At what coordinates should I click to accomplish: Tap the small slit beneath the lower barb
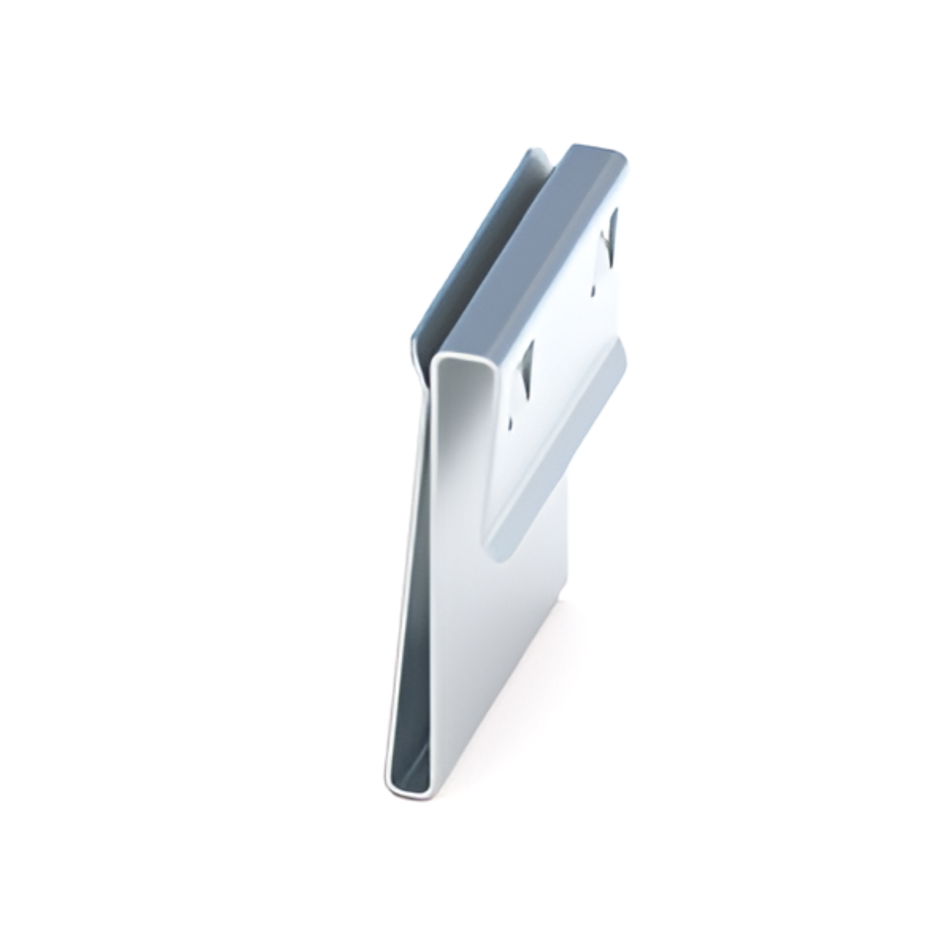point(511,422)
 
